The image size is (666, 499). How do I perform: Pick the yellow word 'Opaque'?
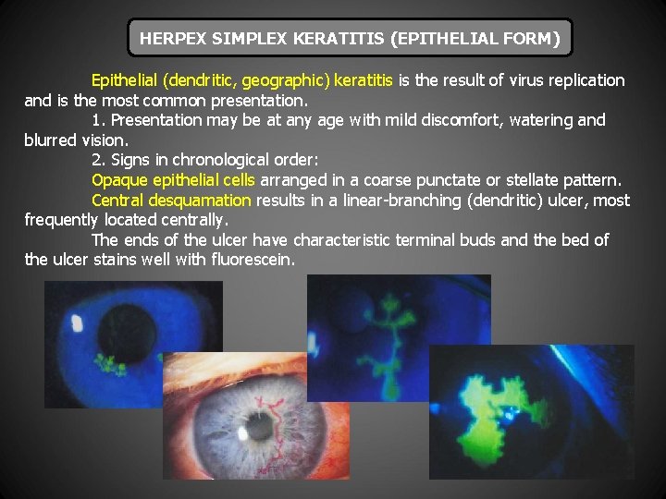point(117,179)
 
